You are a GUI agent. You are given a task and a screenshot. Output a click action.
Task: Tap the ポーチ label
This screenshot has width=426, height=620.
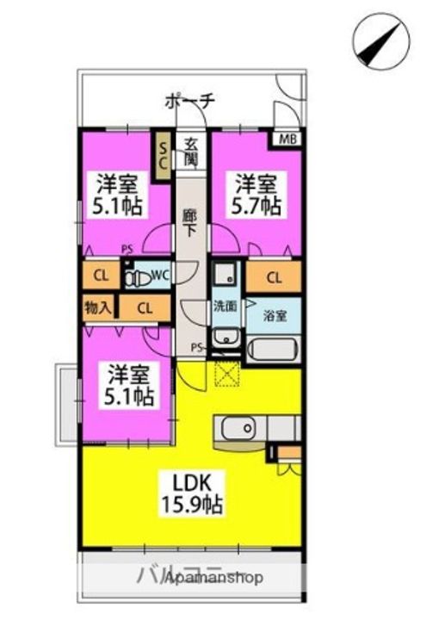188,102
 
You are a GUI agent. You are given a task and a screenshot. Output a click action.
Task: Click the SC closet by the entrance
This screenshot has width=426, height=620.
162,155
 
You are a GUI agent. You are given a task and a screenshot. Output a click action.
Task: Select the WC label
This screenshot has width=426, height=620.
159,276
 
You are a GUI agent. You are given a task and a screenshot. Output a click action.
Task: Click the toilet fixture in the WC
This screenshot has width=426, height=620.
134,277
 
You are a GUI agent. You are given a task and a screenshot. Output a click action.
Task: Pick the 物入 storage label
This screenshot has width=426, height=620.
97,307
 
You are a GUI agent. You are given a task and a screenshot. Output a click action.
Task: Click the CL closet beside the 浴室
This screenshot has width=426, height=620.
274,277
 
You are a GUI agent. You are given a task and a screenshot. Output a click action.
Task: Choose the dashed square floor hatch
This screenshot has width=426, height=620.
227,374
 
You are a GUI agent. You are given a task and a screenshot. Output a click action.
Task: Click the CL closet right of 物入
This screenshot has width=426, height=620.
145,307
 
